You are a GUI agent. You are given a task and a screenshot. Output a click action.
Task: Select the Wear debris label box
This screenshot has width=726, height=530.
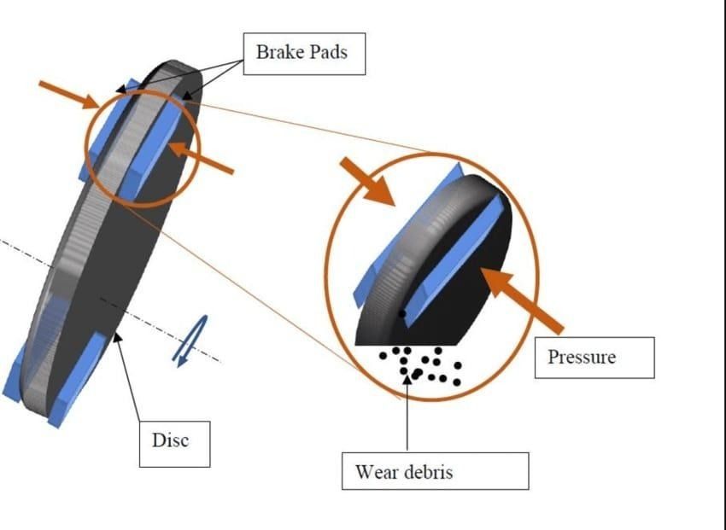[435, 471]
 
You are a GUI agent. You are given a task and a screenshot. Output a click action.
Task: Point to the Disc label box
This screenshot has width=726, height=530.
[174, 441]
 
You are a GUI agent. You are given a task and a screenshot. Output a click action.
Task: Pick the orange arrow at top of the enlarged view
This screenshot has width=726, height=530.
[367, 181]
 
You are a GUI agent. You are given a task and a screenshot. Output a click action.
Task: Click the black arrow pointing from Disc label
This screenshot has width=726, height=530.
[129, 376]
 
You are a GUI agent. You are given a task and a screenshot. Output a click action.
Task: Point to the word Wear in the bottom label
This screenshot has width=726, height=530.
[378, 471]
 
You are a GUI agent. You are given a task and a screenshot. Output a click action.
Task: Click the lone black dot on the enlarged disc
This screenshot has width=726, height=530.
[401, 313]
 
